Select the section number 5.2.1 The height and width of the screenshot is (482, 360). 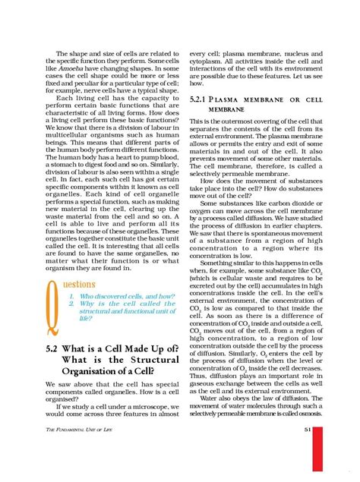(x=200, y=99)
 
